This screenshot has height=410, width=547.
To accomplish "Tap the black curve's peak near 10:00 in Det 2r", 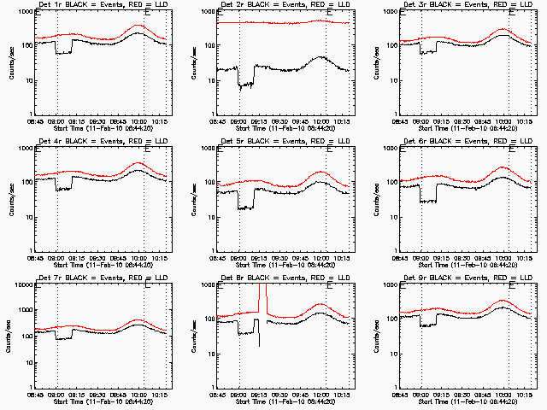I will (320, 57).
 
